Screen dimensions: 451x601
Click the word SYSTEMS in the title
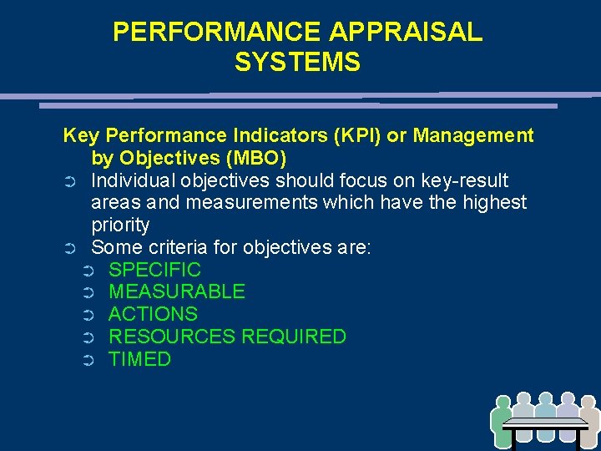[297, 63]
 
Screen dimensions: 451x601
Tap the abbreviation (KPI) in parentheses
[381, 135]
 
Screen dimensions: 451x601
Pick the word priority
[120, 225]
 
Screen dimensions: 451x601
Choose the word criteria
[175, 248]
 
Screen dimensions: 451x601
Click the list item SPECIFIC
[155, 270]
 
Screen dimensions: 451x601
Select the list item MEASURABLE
[177, 292]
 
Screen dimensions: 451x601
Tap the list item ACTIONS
[154, 315]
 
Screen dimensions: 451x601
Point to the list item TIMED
[140, 360]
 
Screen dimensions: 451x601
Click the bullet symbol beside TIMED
[89, 361]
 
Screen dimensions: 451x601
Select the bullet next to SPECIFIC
[89, 271]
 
